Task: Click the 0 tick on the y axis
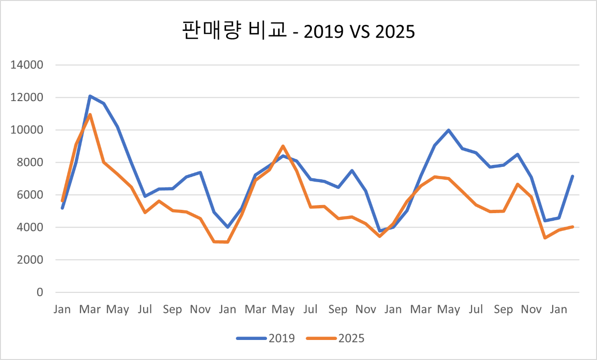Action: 39,292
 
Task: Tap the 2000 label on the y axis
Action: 30,260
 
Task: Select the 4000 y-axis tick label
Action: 30,227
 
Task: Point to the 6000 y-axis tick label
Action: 30,195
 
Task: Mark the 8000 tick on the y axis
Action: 30,163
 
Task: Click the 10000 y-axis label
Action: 27,130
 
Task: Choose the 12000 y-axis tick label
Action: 27,98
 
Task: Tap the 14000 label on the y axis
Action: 27,65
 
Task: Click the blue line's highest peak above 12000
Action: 90,96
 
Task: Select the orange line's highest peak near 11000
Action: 90,114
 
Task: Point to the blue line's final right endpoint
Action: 572,176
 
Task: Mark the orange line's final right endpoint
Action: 572,226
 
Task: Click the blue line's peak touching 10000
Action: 449,130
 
